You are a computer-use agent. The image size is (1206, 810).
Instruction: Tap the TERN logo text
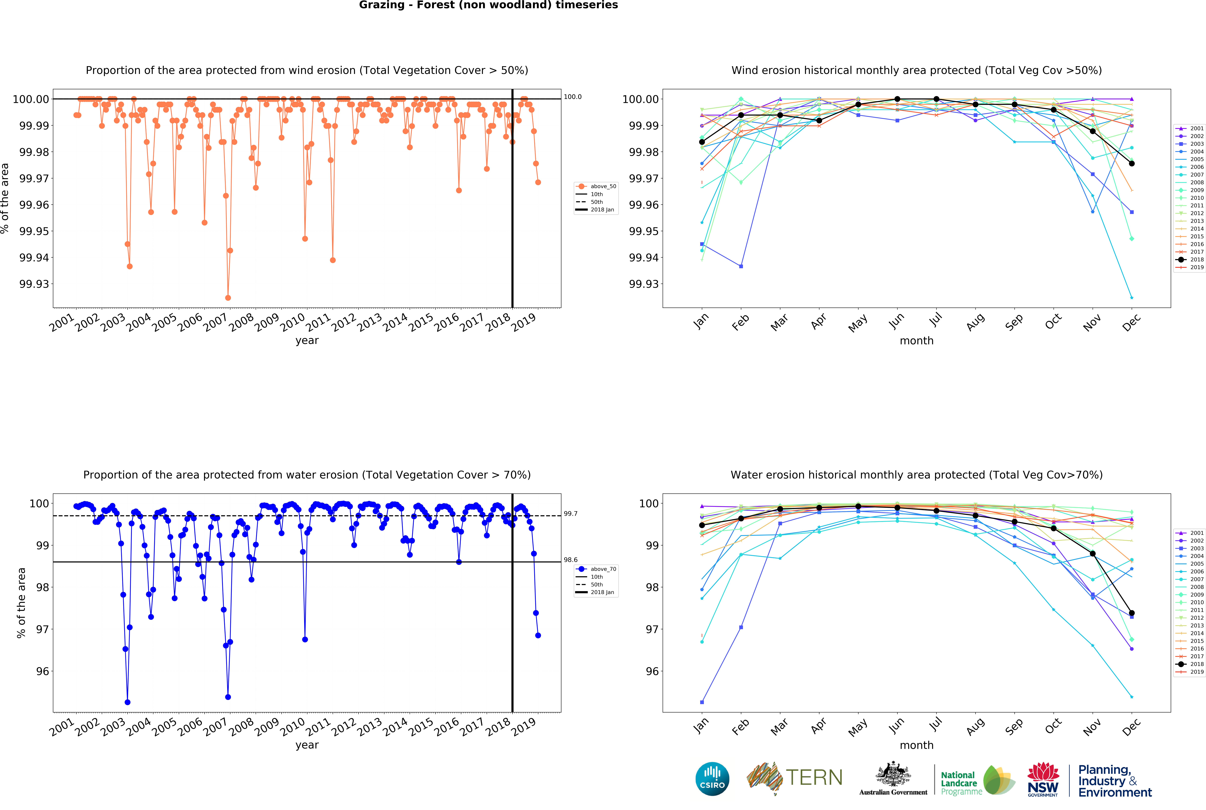(x=814, y=777)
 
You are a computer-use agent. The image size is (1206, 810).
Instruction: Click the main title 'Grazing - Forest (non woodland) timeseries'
(x=488, y=5)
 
